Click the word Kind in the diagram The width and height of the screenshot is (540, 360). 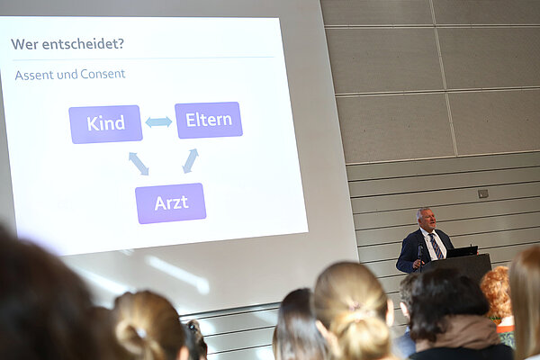click(105, 124)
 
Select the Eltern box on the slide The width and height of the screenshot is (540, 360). click(208, 120)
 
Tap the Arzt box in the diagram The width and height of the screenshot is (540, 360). click(170, 202)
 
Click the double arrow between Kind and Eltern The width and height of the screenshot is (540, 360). click(158, 121)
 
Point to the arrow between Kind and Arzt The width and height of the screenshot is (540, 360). click(138, 163)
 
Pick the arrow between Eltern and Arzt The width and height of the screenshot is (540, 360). click(190, 161)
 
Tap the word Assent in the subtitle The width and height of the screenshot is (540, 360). click(34, 75)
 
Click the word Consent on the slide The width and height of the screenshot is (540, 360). click(103, 74)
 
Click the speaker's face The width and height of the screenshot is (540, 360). click(427, 220)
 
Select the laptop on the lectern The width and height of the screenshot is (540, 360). click(463, 251)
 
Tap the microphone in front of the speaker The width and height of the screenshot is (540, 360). click(419, 251)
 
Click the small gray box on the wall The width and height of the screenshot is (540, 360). click(483, 193)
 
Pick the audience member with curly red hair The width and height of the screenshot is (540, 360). click(496, 292)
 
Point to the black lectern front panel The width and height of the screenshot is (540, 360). click(472, 267)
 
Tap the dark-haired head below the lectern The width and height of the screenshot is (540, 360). click(447, 305)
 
